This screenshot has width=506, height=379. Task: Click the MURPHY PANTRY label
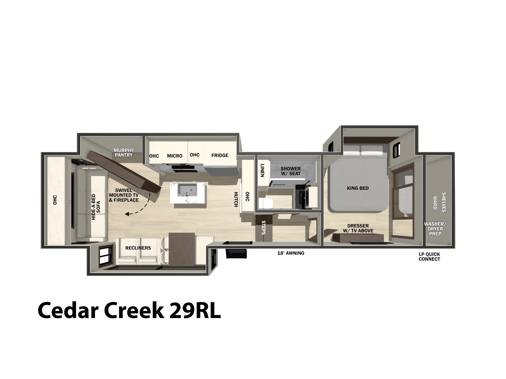[124, 153]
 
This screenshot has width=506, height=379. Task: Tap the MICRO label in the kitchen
[175, 156]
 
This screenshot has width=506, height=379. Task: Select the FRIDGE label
[220, 155]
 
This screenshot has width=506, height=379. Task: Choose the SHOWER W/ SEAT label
[290, 171]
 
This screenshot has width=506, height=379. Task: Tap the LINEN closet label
[262, 170]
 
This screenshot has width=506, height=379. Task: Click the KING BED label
[358, 188]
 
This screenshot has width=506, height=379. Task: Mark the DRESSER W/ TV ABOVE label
[358, 228]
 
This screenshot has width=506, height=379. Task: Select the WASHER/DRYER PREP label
[435, 229]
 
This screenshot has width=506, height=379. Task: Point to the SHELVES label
[443, 202]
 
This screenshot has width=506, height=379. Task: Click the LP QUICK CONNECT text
[429, 256]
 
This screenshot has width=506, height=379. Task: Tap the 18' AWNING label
[291, 253]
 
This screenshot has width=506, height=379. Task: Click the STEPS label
[263, 227]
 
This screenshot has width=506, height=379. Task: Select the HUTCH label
[236, 199]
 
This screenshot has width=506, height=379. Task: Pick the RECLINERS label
[138, 248]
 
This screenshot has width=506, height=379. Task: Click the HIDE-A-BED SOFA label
[96, 207]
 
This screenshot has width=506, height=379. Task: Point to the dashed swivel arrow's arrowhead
[127, 214]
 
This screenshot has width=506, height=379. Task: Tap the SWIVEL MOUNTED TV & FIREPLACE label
[124, 195]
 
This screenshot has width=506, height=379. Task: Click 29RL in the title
[195, 310]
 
